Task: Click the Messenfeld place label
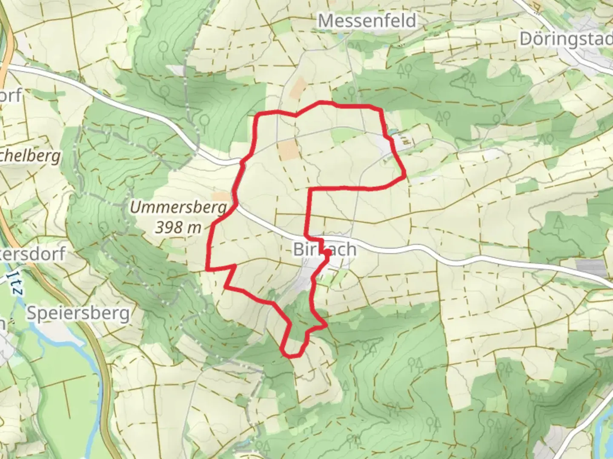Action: click(x=367, y=20)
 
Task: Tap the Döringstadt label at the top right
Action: click(x=566, y=39)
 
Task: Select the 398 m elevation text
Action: click(x=178, y=227)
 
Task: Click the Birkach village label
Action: click(x=324, y=249)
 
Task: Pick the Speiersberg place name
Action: click(x=78, y=314)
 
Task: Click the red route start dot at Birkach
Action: click(x=327, y=253)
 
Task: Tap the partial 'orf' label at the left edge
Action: click(x=10, y=96)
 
